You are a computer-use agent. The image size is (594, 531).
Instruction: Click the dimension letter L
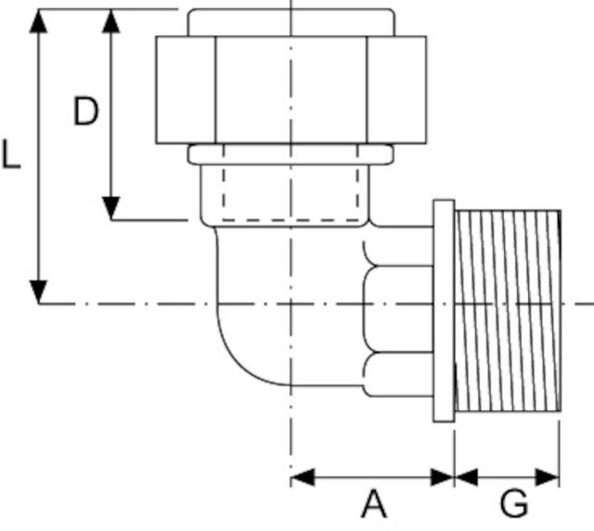11,154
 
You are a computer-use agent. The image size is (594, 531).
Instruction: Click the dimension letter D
86,112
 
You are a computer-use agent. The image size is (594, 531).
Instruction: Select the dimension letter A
373,506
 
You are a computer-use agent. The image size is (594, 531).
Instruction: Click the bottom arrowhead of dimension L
38,291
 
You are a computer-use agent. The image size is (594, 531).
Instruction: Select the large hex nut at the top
291,90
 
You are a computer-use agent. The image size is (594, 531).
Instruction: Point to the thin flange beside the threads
444,311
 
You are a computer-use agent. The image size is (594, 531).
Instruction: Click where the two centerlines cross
291,304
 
